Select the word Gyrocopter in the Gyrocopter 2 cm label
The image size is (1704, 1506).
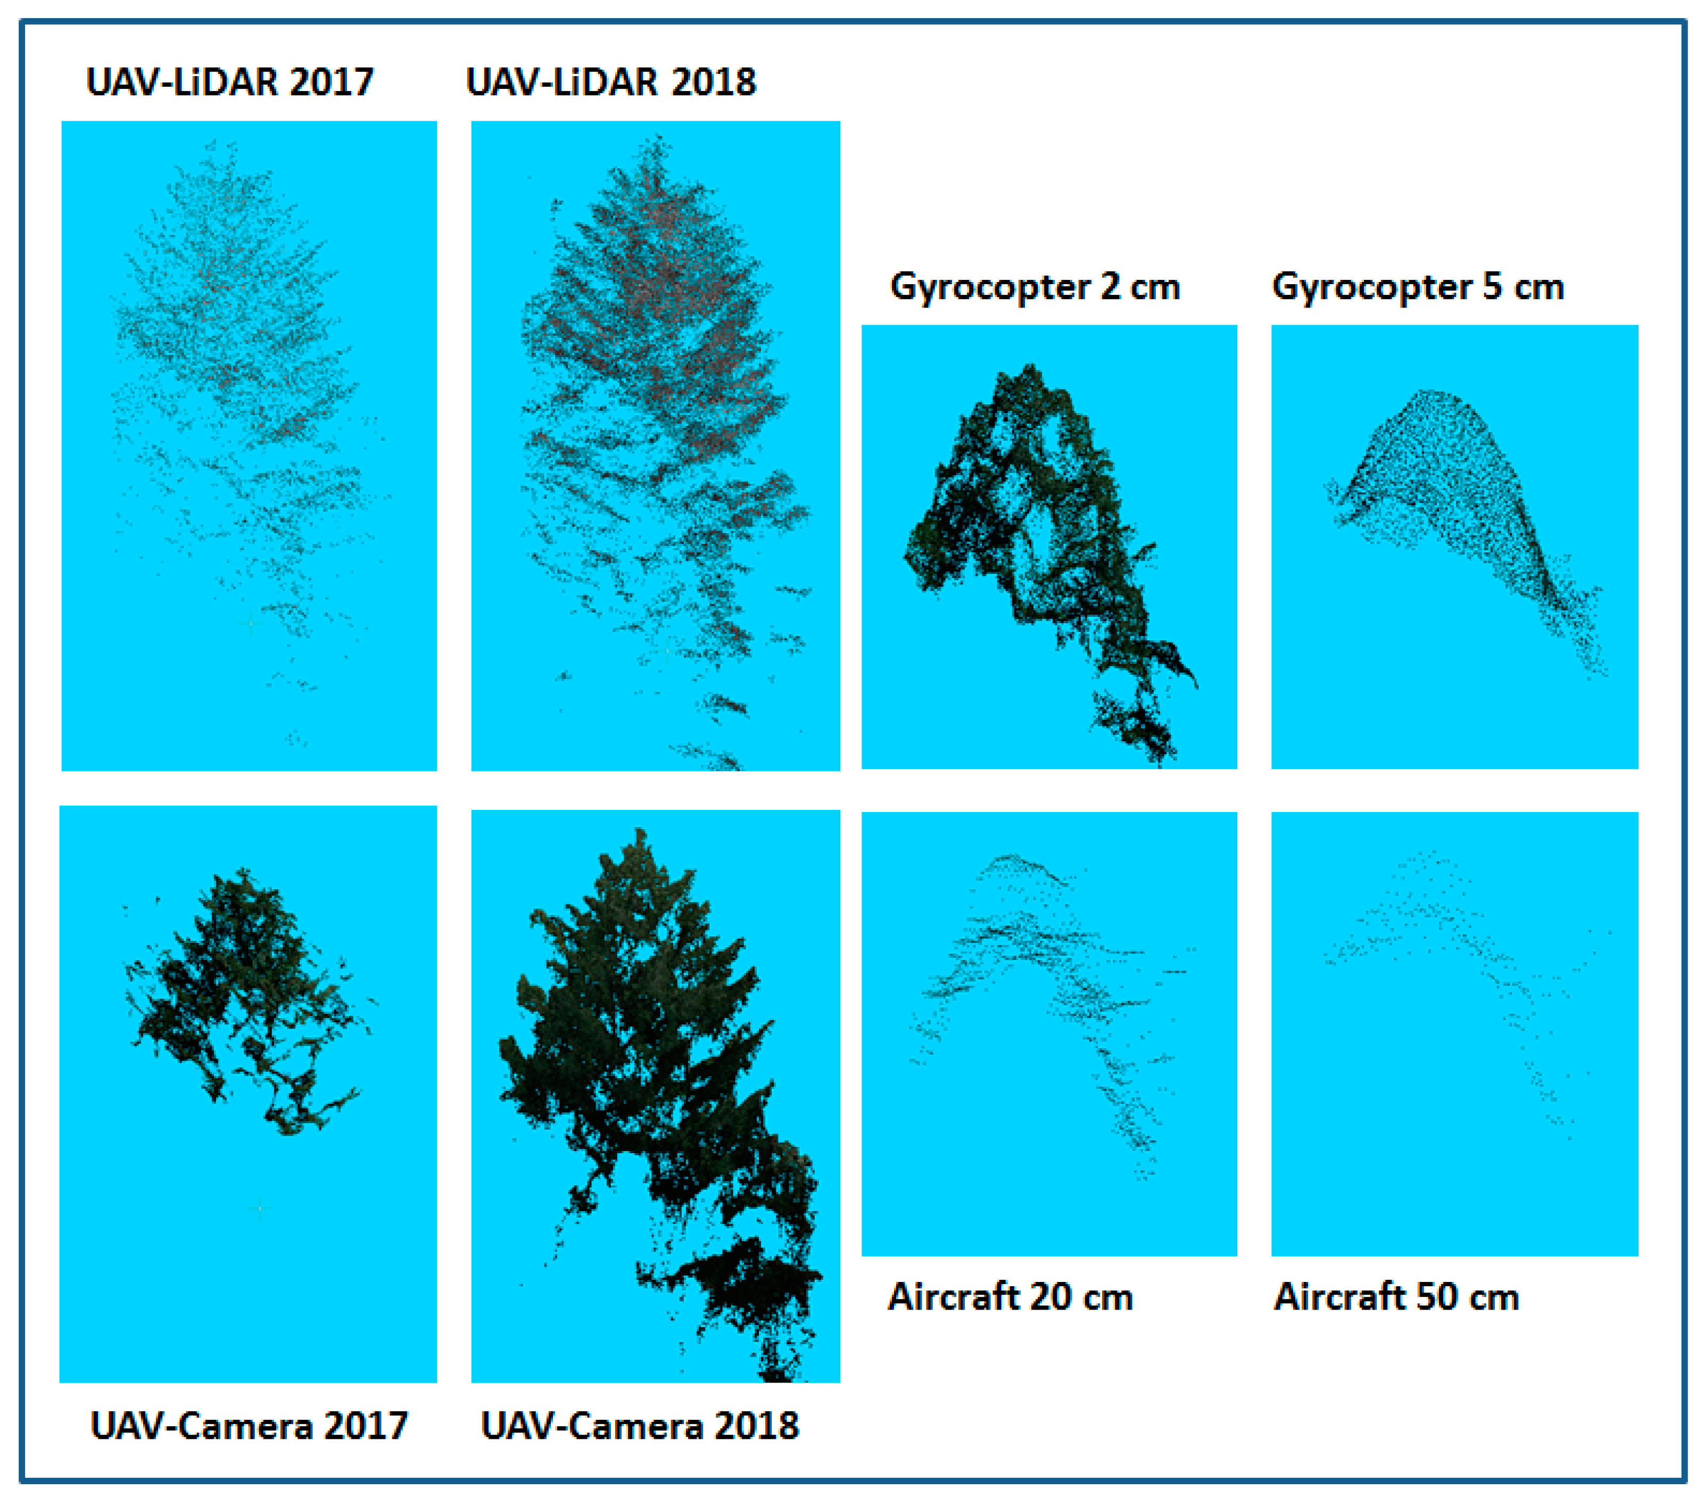tap(990, 287)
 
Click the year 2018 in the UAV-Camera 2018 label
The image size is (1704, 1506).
tap(757, 1426)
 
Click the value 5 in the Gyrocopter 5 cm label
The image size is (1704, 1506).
tap(1492, 287)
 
